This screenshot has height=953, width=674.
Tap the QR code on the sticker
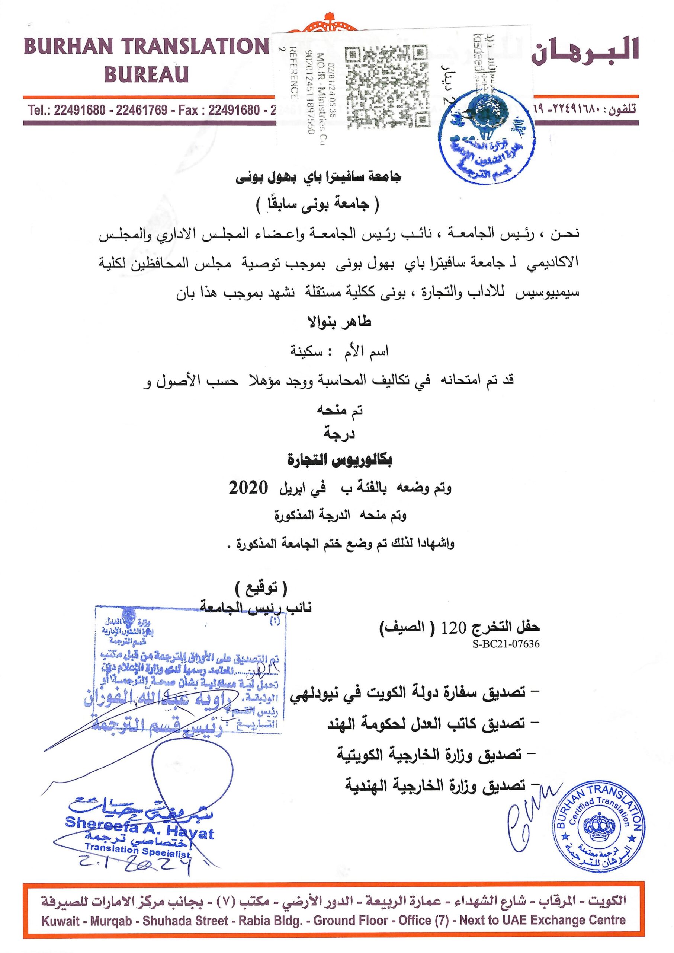tap(386, 86)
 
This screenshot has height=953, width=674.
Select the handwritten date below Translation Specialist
tap(137, 864)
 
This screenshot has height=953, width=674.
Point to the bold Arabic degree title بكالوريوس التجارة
tap(340, 460)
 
